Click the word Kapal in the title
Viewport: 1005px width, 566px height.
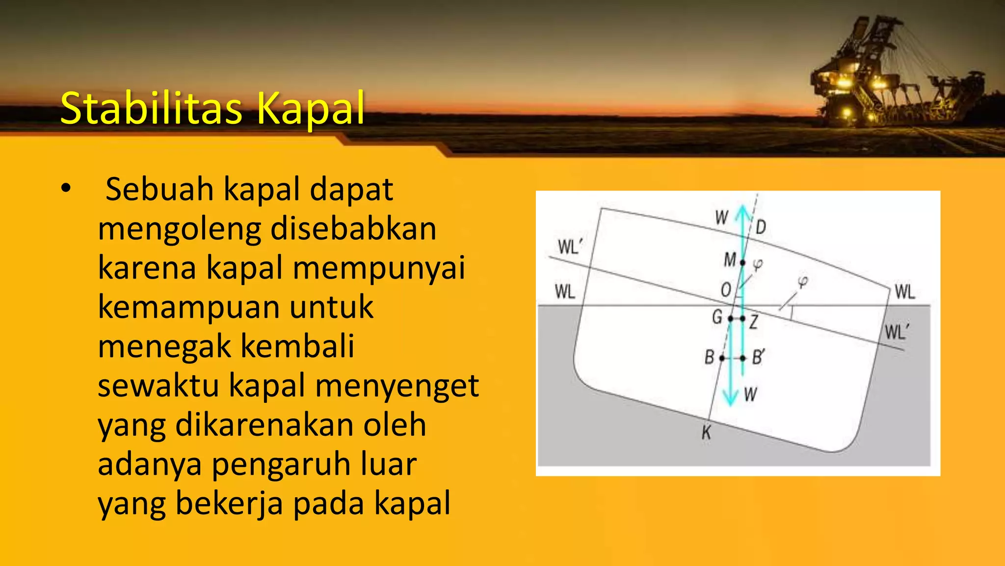click(310, 109)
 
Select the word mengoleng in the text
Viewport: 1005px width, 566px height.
click(179, 229)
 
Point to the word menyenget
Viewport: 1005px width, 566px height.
click(397, 386)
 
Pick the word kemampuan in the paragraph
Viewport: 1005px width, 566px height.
click(189, 307)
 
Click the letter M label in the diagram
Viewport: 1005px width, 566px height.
click(730, 259)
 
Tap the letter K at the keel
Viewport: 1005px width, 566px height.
click(706, 433)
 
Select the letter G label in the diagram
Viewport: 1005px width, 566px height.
click(717, 317)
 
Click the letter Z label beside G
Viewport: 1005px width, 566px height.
click(754, 322)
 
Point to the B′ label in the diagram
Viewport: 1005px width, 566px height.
click(758, 357)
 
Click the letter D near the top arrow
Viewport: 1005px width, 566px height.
click(761, 227)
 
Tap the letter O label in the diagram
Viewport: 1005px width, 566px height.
click(726, 290)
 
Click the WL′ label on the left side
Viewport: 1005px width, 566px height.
click(569, 246)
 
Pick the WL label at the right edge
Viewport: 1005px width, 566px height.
click(905, 292)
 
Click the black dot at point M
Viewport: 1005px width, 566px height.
click(742, 263)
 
